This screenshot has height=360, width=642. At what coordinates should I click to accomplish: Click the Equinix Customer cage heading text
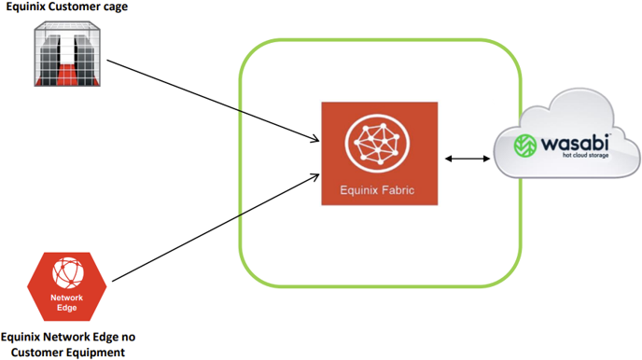pos(67,7)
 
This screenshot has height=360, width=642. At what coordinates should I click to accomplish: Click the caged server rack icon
pos(67,53)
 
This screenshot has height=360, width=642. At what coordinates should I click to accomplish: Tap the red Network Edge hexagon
pos(67,286)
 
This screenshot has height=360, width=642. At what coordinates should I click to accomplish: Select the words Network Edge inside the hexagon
pos(67,303)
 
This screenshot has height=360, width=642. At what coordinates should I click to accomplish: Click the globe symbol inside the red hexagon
pos(68,272)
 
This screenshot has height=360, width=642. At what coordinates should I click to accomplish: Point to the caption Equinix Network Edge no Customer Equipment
pos(68,344)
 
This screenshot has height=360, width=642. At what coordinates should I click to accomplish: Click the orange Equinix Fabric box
pos(380,153)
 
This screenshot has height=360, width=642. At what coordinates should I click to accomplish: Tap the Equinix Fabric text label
pos(377,190)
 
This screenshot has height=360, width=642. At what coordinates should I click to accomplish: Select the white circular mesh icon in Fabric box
pos(377,143)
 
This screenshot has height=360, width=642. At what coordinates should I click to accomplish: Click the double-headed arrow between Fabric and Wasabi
pos(468,159)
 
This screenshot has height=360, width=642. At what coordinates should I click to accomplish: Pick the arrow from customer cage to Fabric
pos(213,101)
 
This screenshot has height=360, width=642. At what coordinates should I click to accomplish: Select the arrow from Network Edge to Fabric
pos(216,228)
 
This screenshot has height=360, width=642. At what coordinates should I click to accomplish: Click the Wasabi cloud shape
pos(567,133)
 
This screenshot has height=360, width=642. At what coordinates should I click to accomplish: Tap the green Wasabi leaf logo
pos(525,145)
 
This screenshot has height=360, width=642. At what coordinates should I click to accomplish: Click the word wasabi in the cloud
pos(575,144)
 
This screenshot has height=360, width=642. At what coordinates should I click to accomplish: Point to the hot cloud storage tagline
pos(585,156)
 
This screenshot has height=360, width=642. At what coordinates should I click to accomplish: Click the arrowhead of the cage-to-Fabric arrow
pos(315,139)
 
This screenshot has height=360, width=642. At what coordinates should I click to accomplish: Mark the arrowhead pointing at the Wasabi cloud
pos(486,159)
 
